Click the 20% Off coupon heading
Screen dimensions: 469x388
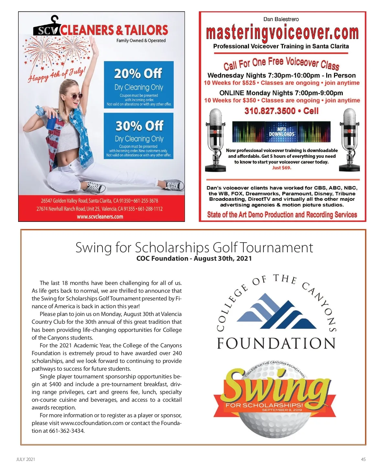pyautogui.click(x=138, y=74)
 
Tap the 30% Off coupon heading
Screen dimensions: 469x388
pyautogui.click(x=140, y=126)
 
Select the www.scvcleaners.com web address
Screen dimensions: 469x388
pyautogui.click(x=100, y=217)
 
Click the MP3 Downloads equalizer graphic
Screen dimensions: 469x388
pyautogui.click(x=281, y=132)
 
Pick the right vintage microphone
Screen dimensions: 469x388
pyautogui.click(x=349, y=139)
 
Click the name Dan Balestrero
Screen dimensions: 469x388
pyautogui.click(x=281, y=19)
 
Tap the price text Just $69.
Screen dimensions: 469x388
pyautogui.click(x=282, y=168)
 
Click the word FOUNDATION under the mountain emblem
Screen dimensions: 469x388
pyautogui.click(x=276, y=344)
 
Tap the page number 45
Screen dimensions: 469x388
pyautogui.click(x=363, y=459)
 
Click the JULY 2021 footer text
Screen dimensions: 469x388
pyautogui.click(x=26, y=459)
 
